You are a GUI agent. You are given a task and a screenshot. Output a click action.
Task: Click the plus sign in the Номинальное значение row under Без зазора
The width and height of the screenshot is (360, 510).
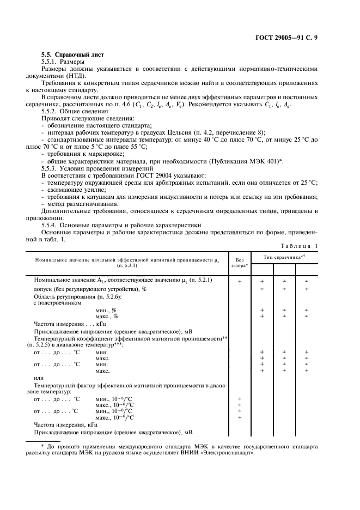240,281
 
